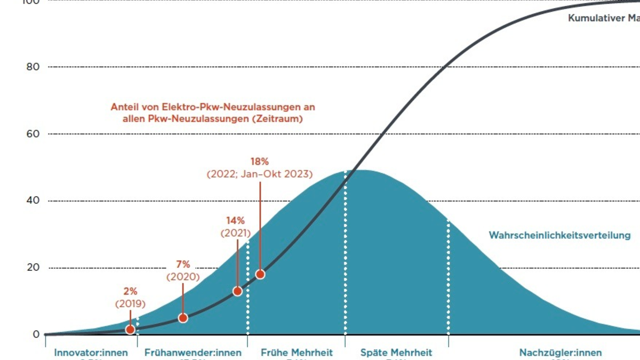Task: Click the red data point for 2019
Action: pos(130,330)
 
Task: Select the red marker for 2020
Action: pos(183,318)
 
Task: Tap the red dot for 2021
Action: pos(237,291)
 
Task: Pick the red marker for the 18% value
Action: pos(260,274)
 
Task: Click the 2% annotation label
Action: pos(130,291)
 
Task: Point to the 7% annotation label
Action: pos(183,264)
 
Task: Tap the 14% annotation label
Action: pos(235,220)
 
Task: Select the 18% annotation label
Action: pos(259,161)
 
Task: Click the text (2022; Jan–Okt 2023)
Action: pos(259,174)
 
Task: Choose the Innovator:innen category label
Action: pos(91,353)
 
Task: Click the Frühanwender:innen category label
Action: pos(193,353)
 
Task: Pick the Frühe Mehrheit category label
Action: pos(297,353)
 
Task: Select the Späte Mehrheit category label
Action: pos(396,353)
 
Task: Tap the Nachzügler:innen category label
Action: pos(561,353)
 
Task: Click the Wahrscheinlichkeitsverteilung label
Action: pos(559,235)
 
